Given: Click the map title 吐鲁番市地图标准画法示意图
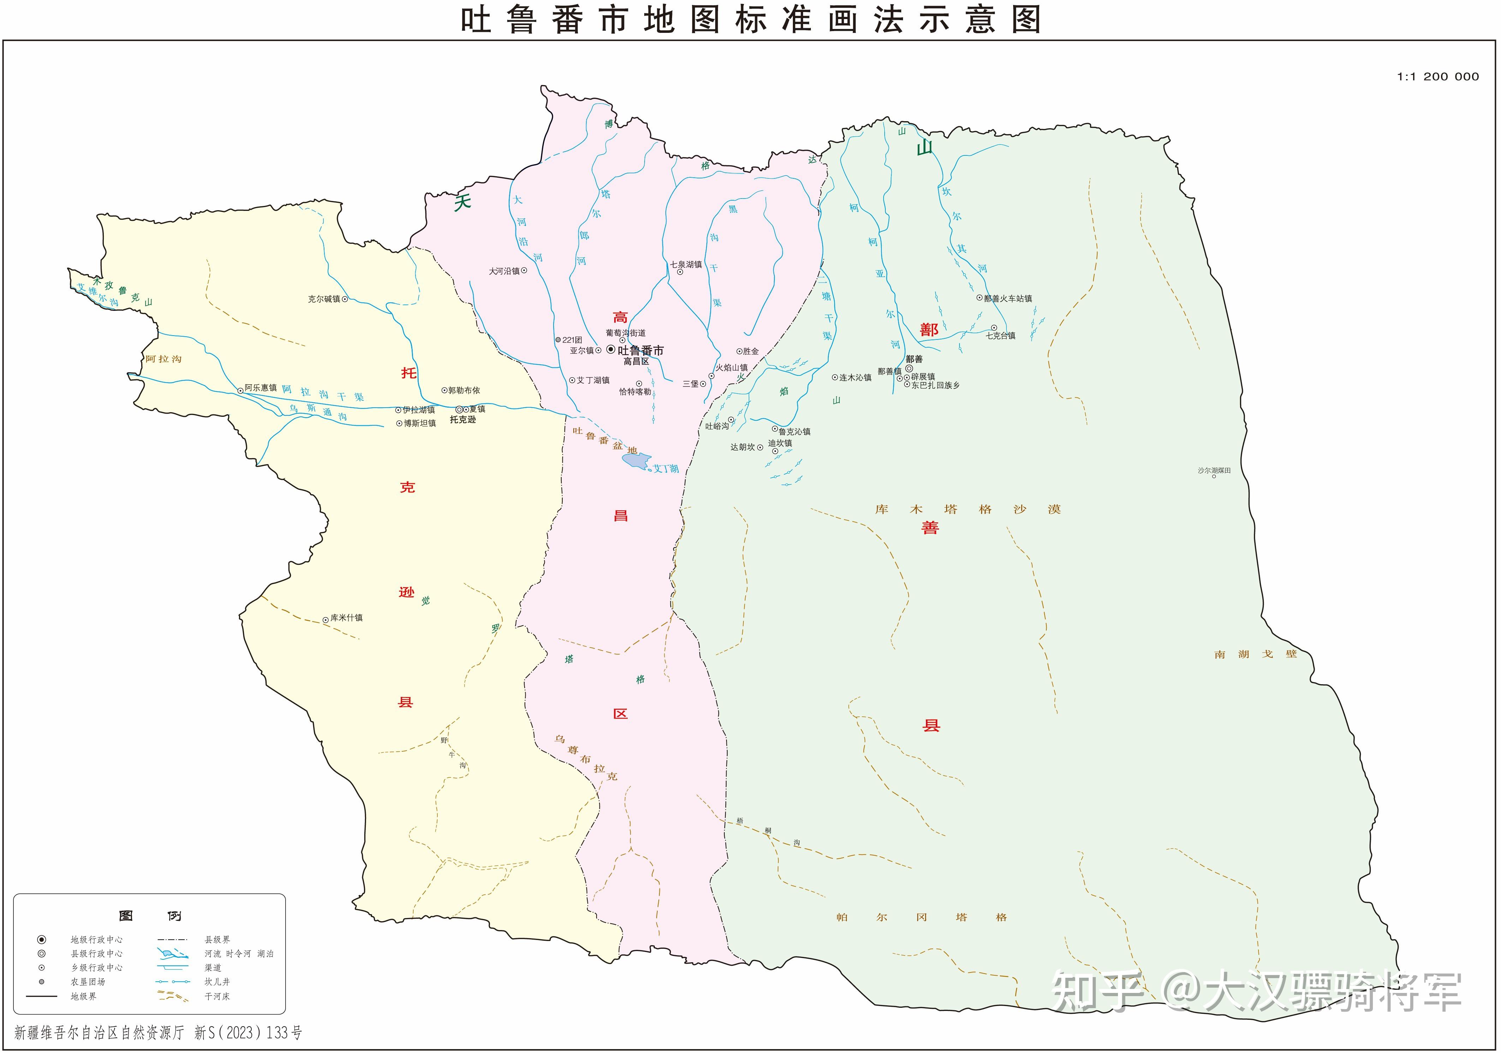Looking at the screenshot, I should point(750,20).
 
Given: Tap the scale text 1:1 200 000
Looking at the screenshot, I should point(1437,77).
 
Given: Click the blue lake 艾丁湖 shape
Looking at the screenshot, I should point(636,460).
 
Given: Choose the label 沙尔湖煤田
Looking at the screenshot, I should point(1214,470).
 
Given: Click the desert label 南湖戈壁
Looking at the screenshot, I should point(1255,654).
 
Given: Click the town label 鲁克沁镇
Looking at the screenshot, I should point(794,432).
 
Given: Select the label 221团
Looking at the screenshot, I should point(572,339).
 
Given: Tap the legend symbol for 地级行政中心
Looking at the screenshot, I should point(42,939).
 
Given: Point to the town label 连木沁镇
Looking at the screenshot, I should point(855,377).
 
